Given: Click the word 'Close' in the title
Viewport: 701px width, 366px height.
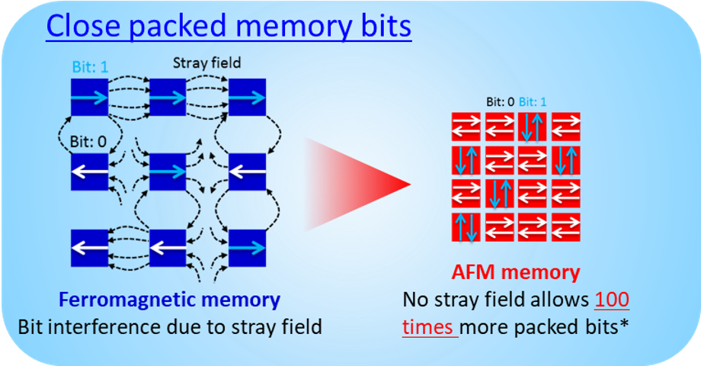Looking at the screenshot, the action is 83,25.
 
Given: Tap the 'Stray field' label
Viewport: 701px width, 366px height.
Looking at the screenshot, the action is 207,63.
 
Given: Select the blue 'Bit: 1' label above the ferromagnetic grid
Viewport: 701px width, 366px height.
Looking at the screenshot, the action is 90,67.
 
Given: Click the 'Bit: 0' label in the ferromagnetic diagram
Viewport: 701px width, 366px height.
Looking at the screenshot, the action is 88,142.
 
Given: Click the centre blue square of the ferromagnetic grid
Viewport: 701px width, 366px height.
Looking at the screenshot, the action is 167,172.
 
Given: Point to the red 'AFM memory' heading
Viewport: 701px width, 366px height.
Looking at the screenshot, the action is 516,271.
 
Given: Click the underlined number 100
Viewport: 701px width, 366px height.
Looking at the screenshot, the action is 612,300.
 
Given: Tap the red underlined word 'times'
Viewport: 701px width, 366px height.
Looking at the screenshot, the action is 427,327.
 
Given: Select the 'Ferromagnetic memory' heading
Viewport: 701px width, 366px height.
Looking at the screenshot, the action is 169,300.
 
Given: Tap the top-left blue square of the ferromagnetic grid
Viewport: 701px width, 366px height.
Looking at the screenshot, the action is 89,97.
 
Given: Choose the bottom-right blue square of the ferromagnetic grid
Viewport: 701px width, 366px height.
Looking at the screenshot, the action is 247,248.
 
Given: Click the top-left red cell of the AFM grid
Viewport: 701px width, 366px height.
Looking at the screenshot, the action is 466,127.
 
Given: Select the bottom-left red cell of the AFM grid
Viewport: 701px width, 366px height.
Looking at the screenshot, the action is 466,227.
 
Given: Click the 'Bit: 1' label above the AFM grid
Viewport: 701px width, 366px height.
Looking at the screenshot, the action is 533,102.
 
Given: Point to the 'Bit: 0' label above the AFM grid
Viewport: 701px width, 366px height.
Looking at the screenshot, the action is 501,102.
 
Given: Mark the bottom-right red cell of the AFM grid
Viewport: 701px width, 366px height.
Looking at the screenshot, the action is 566,227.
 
